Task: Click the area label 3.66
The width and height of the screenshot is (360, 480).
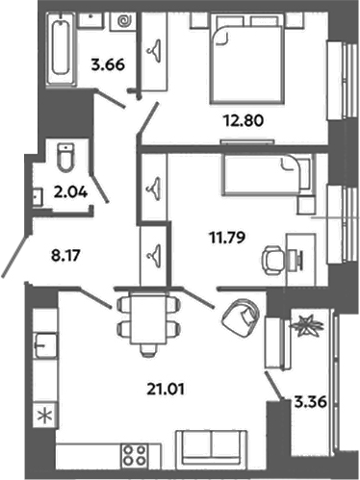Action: pos(108,65)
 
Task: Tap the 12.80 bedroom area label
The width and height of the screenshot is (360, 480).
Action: pos(244,121)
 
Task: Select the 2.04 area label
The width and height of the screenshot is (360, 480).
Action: pos(70,192)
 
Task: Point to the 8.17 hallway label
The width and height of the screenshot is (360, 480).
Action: pos(65,256)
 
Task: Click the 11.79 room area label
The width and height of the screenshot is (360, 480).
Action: pos(227,238)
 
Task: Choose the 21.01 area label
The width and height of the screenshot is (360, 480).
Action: pos(166,390)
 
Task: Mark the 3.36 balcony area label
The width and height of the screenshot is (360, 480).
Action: pos(311,401)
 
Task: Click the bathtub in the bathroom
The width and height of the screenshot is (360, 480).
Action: pos(61,49)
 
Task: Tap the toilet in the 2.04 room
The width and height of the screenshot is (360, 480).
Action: pos(65,158)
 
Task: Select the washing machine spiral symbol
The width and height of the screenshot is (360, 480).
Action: pos(124,21)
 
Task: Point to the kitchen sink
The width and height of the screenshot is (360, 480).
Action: pos(45,345)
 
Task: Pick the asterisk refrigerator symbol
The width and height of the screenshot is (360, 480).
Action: pos(45,416)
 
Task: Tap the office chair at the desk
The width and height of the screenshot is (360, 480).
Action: pos(272,261)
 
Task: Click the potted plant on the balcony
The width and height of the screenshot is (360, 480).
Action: pos(306,326)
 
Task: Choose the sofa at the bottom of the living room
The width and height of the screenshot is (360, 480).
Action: pos(212,447)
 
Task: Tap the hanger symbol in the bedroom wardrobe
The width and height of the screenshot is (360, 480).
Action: pos(155,48)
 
